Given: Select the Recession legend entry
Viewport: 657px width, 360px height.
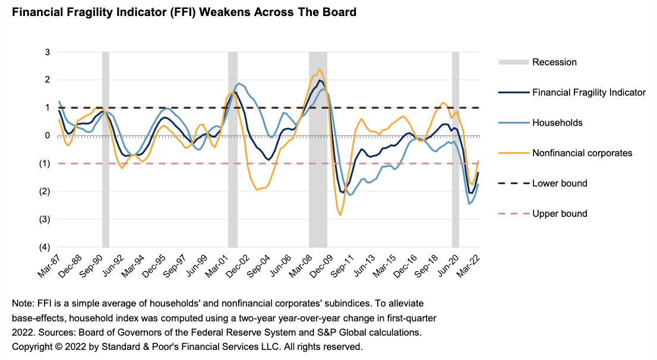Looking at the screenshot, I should tap(554, 62).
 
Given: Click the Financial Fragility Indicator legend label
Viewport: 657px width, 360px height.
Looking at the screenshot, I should tap(589, 92).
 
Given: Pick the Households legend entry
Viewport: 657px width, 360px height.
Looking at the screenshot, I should tap(557, 123).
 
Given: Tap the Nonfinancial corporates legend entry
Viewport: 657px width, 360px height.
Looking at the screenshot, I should tap(582, 153).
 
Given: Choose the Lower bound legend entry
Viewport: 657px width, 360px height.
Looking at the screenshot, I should tap(560, 183).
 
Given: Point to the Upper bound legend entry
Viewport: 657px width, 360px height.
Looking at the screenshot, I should tap(560, 213).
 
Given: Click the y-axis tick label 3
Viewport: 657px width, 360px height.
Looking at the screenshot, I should tap(47, 52).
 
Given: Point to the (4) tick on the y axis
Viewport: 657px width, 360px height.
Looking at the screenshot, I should tap(45, 247).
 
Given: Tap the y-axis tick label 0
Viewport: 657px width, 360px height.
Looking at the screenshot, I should tap(47, 135).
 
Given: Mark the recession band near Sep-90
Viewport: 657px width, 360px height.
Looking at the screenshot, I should tap(106, 149).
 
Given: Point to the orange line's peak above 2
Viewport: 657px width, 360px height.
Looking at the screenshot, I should tap(320, 69).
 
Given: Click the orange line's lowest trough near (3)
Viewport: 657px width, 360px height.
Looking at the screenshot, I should tap(340, 215).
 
